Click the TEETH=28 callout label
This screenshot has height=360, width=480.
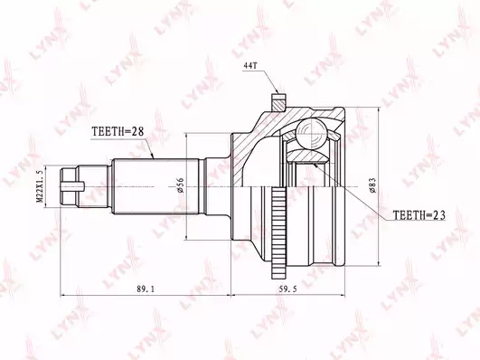coord(118,131)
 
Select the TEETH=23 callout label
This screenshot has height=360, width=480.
coord(419,215)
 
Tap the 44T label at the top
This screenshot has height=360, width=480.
coord(250,65)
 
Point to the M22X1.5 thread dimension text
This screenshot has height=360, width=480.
coord(40,186)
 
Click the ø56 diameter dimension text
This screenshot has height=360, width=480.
coord(180,185)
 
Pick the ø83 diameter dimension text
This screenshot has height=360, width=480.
coord(372,185)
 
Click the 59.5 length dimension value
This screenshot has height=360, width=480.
coord(288,289)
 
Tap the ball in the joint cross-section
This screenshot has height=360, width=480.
coord(311,134)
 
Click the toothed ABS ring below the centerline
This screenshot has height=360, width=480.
coord(278,233)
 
